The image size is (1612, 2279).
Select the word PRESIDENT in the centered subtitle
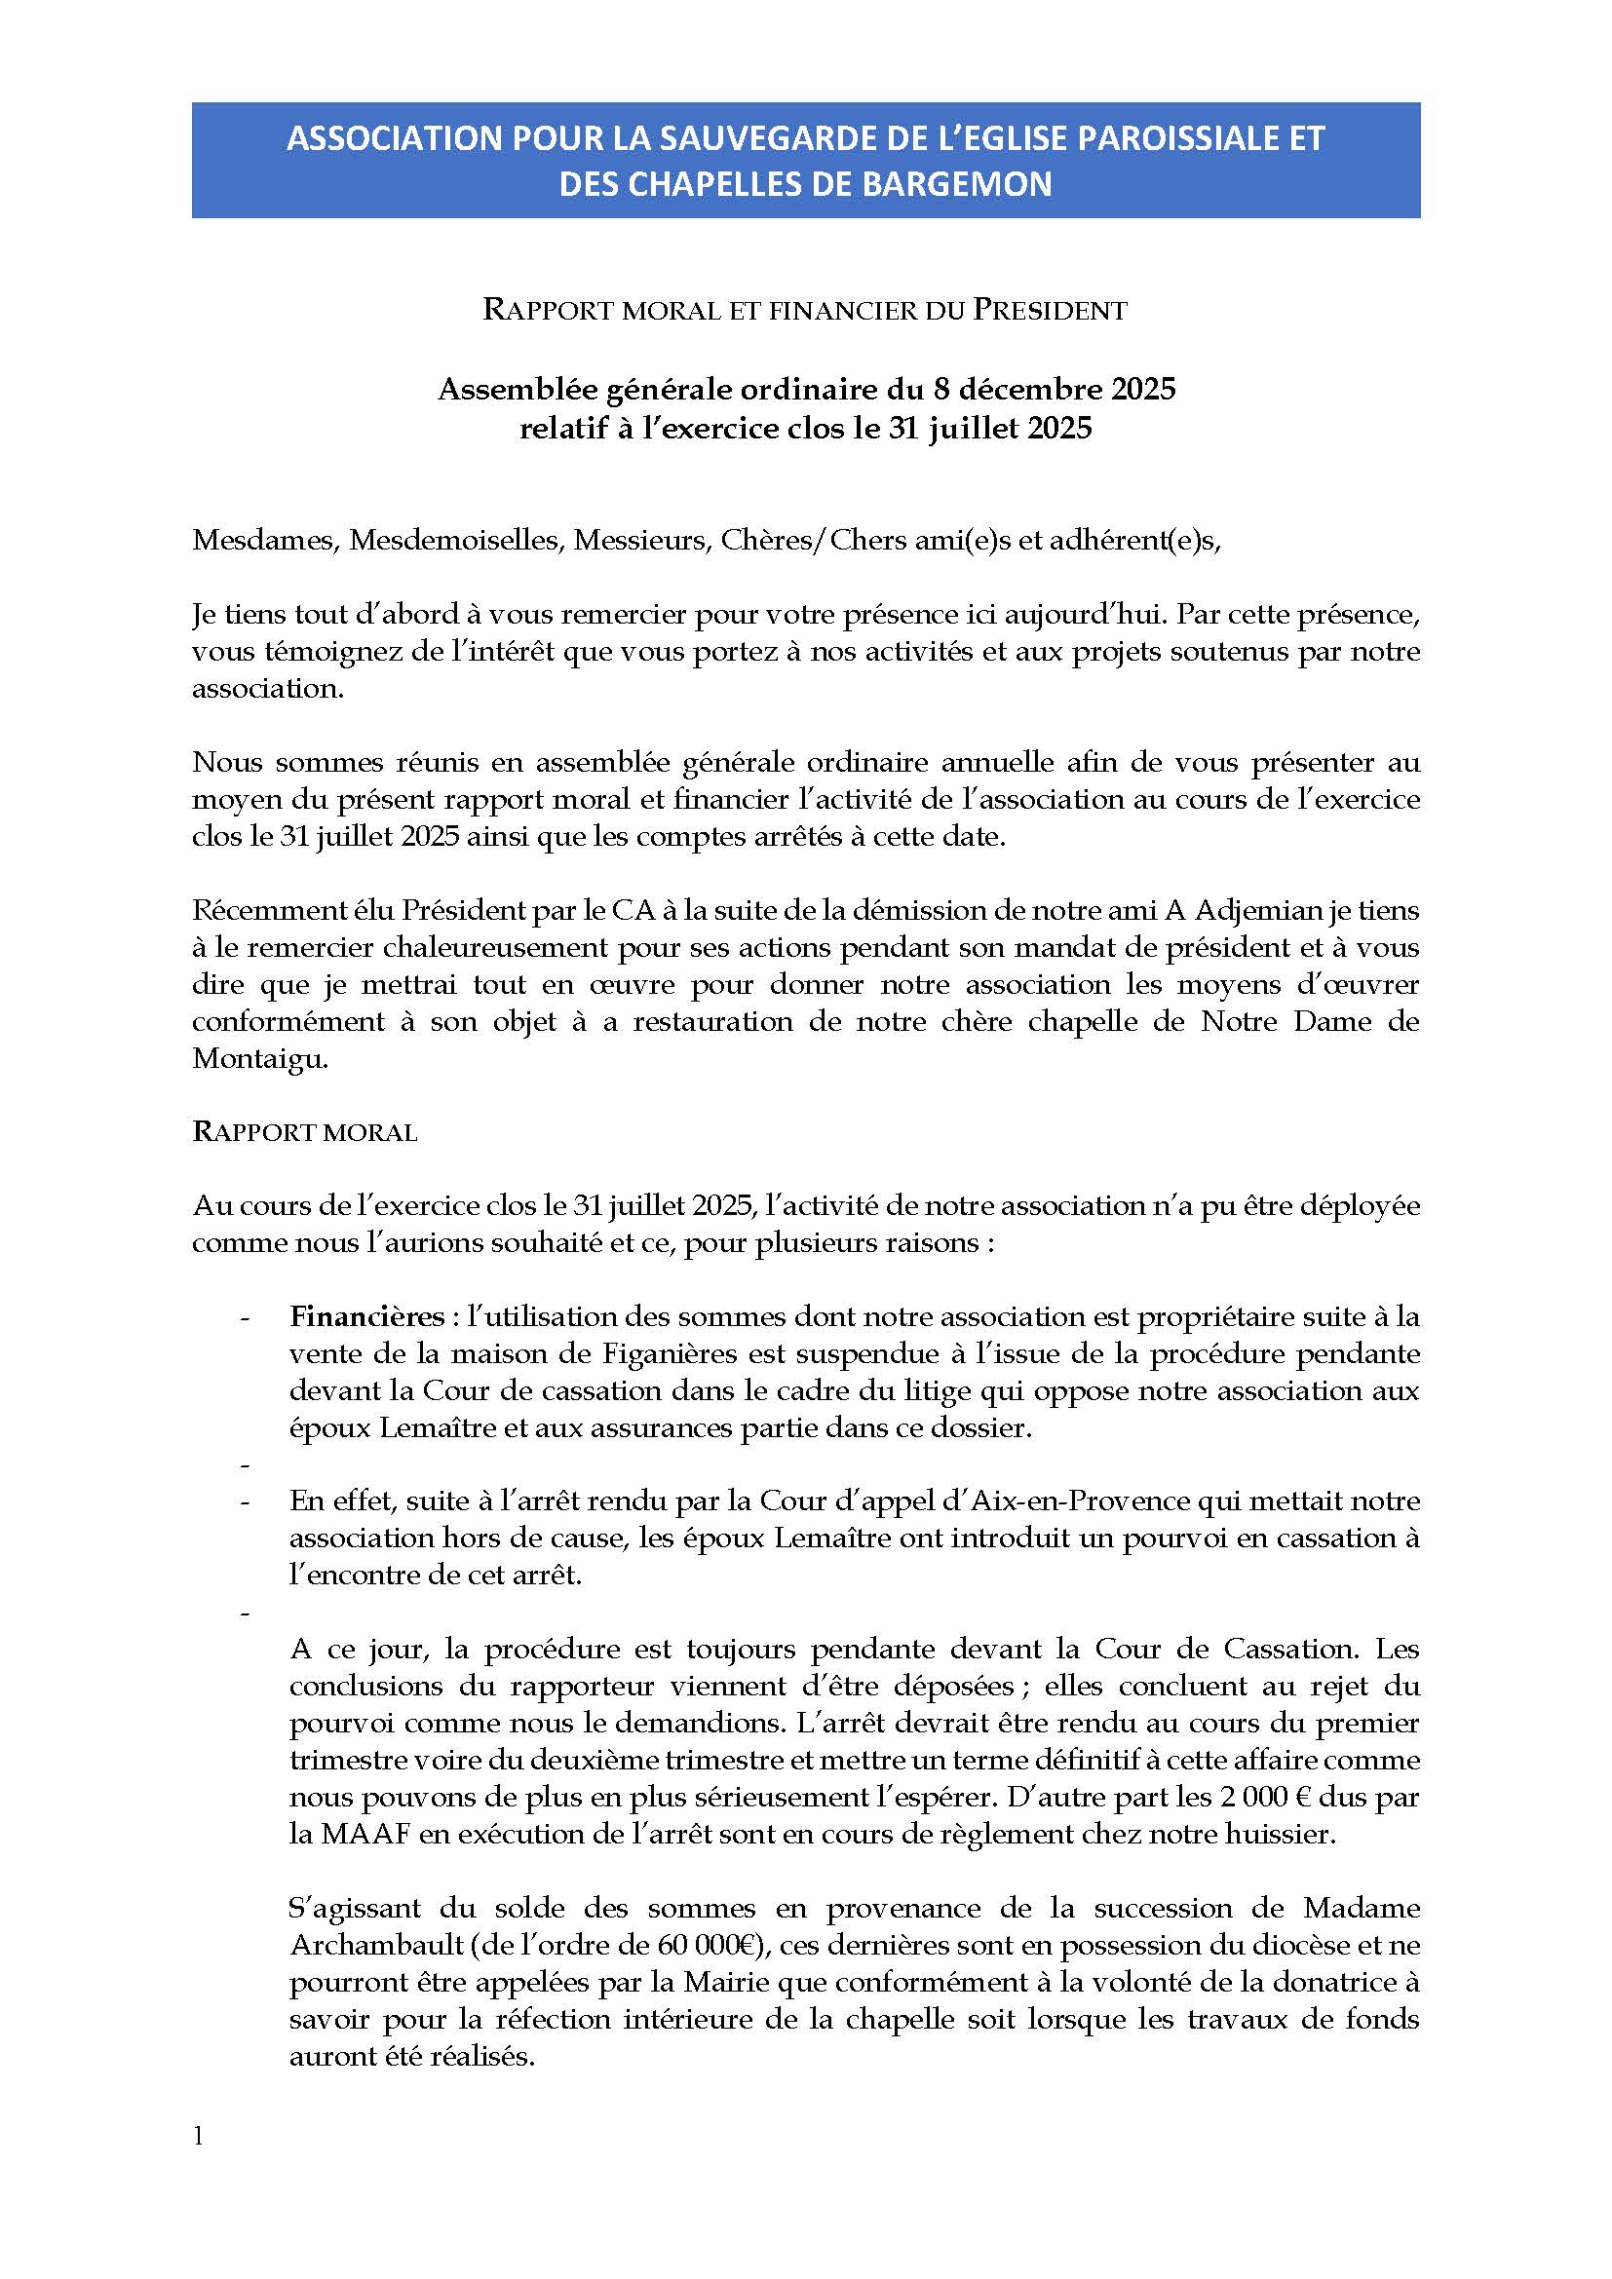pos(1050,311)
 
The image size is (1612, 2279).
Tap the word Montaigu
pos(258,1059)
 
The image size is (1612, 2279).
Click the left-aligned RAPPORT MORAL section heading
pos(305,1132)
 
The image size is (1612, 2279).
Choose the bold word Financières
pos(367,1317)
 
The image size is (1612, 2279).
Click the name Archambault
pos(365,1945)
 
